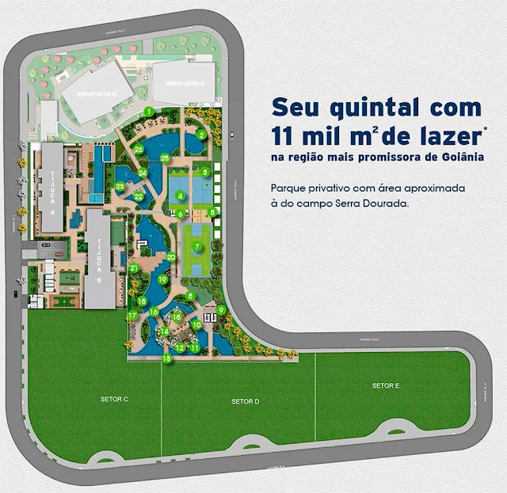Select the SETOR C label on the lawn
[x=115, y=399]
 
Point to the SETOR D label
[x=246, y=401]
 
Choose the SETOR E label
[x=385, y=385]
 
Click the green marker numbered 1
[x=147, y=112]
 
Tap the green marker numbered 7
[x=196, y=246]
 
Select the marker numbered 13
[x=167, y=358]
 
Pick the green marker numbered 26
[x=139, y=149]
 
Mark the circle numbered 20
[x=170, y=256]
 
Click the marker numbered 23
[x=120, y=187]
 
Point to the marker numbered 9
[x=221, y=309]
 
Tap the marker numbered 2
[x=202, y=135]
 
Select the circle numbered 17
[x=132, y=315]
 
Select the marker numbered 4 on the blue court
[x=181, y=195]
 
